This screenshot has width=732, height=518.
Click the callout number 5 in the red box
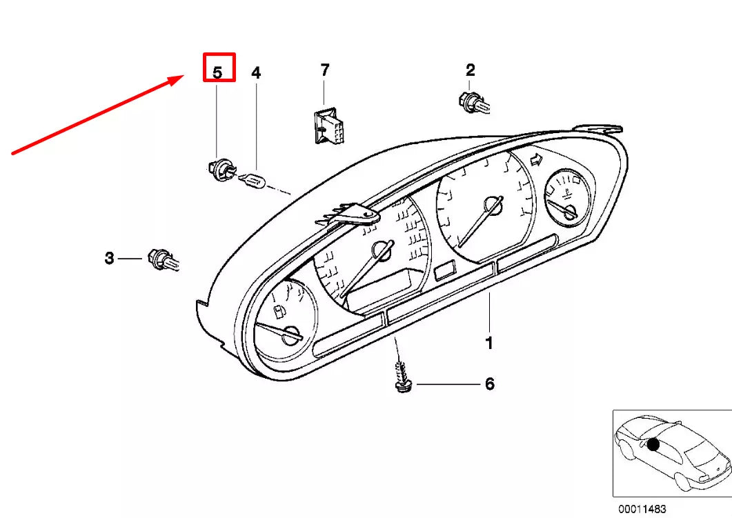(218, 72)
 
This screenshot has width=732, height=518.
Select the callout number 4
(256, 72)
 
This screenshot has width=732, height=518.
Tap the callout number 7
(324, 70)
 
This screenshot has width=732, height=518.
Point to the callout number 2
(471, 70)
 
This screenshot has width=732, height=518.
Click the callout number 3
(109, 259)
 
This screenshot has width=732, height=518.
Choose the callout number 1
(489, 343)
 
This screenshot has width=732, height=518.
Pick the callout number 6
(489, 384)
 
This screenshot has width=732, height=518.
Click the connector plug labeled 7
(326, 126)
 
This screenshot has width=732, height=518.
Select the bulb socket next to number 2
(473, 103)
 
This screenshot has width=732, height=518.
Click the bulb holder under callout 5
(219, 168)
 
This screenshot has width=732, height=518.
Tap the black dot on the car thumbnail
(653, 445)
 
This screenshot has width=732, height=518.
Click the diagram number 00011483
(642, 510)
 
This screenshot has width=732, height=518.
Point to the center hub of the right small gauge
(568, 213)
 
